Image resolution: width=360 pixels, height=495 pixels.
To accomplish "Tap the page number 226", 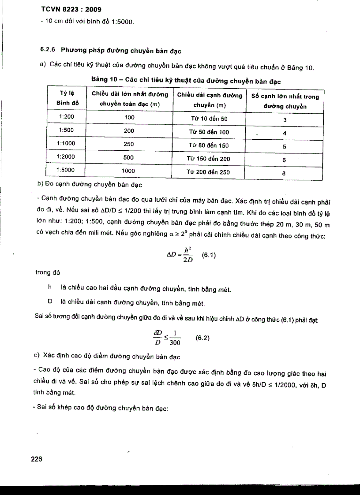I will click(x=36, y=459).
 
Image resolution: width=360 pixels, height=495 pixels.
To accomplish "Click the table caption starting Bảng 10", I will click(x=186, y=82).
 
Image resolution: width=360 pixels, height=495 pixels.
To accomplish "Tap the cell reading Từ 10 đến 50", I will click(x=209, y=119).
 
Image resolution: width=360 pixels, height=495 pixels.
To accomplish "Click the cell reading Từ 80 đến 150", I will click(x=209, y=145).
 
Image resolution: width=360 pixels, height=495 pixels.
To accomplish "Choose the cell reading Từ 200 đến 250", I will click(x=209, y=172).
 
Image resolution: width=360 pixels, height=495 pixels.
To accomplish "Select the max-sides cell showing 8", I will click(x=284, y=173).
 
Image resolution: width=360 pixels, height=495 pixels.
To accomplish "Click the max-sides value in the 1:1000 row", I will click(x=284, y=147).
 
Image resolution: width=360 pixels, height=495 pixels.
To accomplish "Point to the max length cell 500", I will click(x=129, y=157).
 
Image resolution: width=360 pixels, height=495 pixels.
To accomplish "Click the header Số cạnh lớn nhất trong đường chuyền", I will click(x=285, y=101).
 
